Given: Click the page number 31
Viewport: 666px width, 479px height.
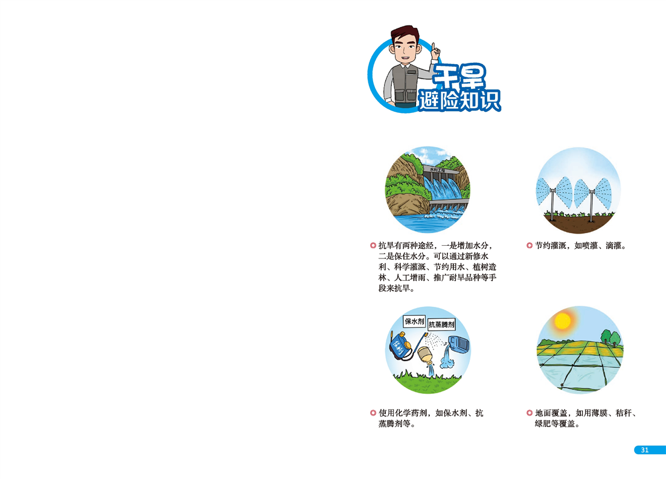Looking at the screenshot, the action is click(x=645, y=450).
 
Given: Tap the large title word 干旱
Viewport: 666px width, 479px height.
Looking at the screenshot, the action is click(x=459, y=77).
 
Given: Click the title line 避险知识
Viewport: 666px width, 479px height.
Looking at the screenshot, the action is click(x=459, y=101).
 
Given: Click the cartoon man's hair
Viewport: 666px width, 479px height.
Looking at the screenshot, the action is click(x=405, y=33).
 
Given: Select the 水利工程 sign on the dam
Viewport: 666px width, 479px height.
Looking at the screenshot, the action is click(x=438, y=170).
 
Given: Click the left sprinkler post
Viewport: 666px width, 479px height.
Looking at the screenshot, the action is click(x=552, y=204).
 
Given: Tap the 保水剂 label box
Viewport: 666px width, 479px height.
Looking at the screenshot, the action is click(x=414, y=321).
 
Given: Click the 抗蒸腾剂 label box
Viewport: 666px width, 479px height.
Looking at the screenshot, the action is click(x=441, y=325).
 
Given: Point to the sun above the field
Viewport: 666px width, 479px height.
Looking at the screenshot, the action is click(x=563, y=321).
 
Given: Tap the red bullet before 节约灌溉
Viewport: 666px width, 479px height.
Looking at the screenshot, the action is click(x=529, y=246).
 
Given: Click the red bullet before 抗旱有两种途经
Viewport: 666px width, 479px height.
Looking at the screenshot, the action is click(x=373, y=246).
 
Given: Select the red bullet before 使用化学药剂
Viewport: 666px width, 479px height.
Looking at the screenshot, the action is click(x=373, y=413).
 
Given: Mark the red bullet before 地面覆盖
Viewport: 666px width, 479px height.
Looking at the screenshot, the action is click(x=529, y=413).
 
